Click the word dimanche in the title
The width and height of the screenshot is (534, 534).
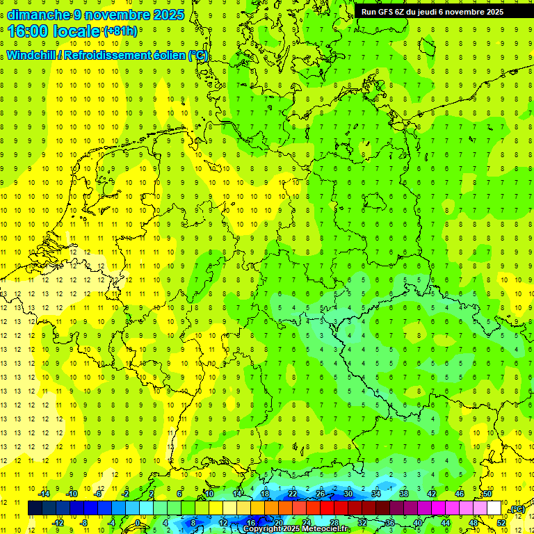(38, 15)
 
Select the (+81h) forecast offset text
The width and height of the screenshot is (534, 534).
(120, 31)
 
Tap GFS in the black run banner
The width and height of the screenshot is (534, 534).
(387, 12)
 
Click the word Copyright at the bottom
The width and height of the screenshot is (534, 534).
(261, 529)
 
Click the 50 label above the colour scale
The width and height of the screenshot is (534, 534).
(487, 494)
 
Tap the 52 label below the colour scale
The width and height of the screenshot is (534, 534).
(501, 522)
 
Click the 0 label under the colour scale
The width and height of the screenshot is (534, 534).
(138, 522)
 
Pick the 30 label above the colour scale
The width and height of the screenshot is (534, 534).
(348, 494)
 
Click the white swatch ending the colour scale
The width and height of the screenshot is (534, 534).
(494, 508)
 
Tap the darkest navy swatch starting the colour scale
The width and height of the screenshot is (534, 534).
(35, 508)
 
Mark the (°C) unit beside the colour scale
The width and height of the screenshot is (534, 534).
(517, 510)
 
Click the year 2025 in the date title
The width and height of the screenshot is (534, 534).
(168, 15)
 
